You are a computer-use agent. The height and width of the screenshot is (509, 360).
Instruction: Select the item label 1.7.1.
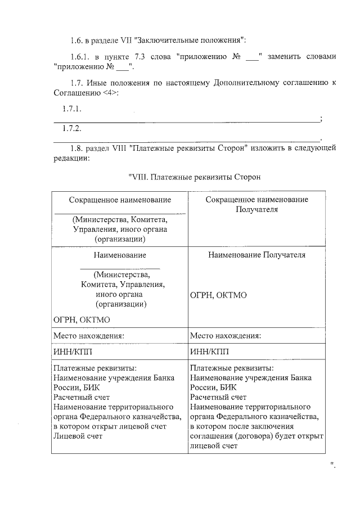point(72,109)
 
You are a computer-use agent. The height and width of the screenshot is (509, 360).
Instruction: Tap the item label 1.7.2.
point(72,128)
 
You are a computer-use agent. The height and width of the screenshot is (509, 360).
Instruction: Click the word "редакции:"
point(71,159)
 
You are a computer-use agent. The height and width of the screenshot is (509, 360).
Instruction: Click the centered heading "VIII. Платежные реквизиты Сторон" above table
point(195,177)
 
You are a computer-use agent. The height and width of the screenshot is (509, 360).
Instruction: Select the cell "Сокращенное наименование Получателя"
point(256,205)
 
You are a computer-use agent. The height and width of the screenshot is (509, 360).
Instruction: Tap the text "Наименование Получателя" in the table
point(256,255)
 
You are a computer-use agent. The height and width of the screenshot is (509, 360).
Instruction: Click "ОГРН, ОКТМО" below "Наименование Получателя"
point(218,295)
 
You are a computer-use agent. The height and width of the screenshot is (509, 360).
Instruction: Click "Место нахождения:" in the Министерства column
point(89,336)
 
